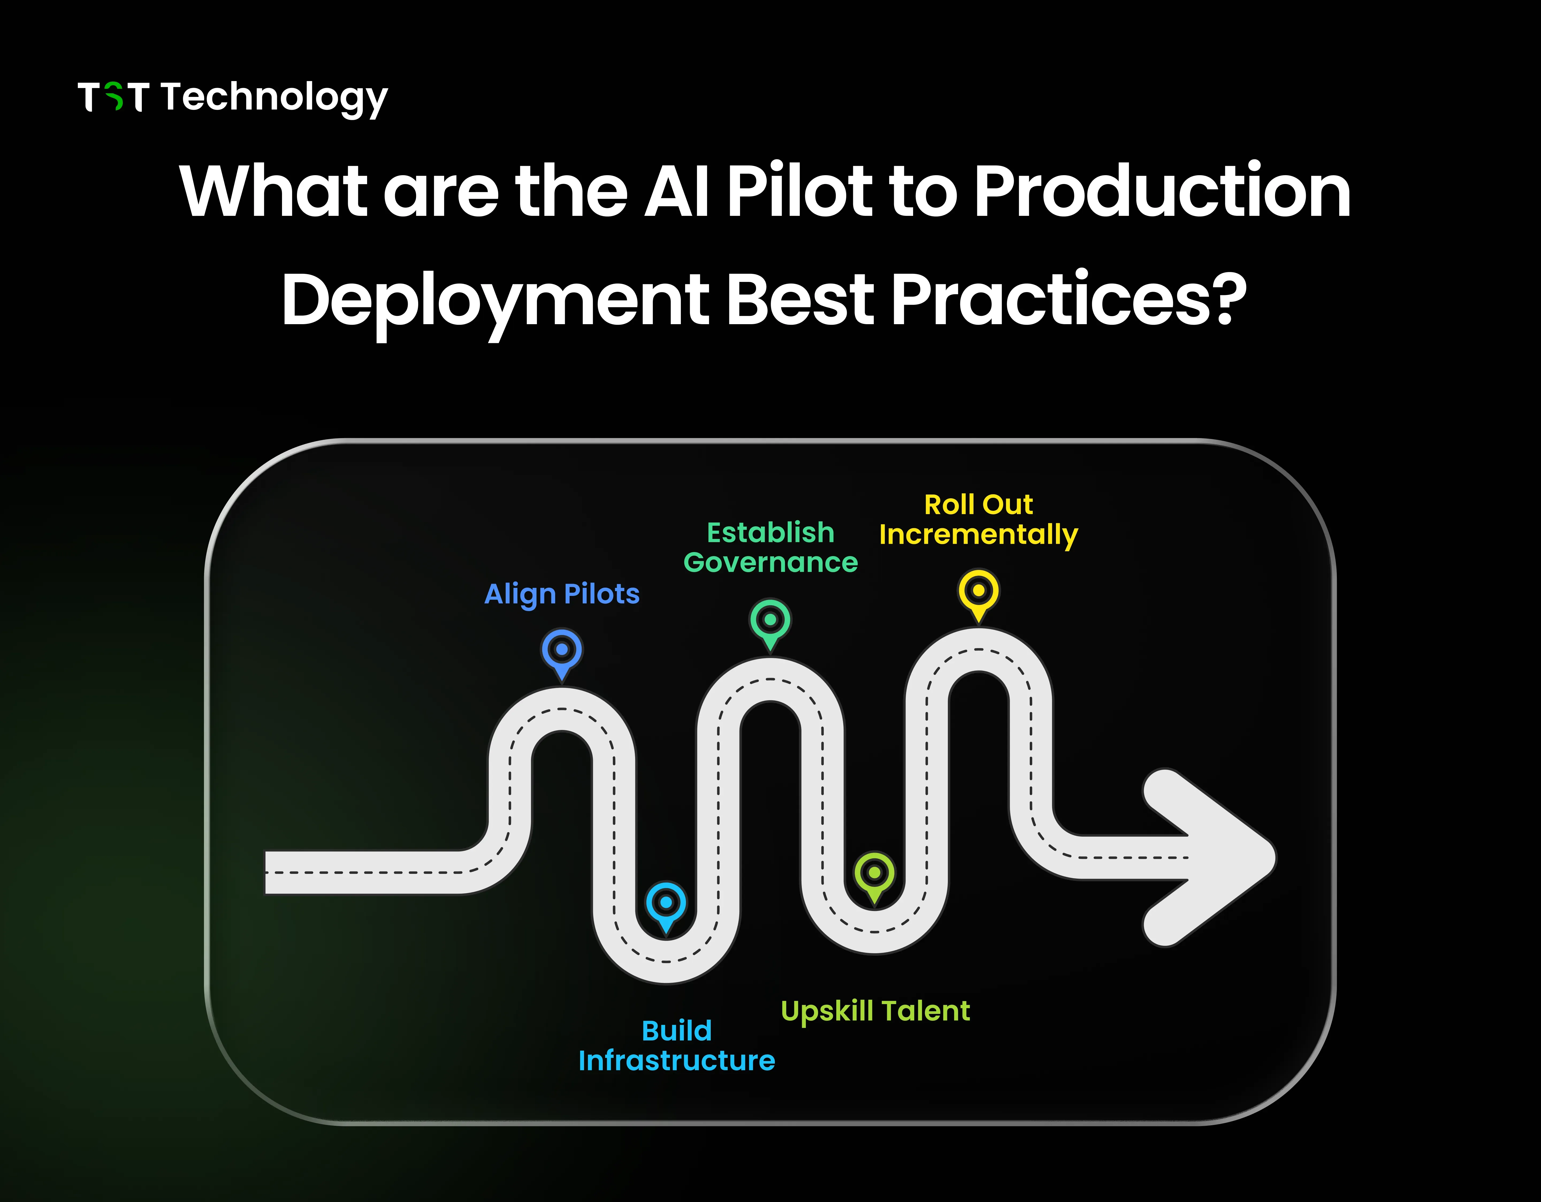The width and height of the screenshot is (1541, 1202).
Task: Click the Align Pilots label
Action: (x=562, y=594)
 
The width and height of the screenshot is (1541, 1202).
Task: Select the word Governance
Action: (x=771, y=562)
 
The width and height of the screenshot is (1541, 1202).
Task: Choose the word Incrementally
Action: (x=979, y=535)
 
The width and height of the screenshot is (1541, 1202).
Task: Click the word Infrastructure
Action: (x=677, y=1060)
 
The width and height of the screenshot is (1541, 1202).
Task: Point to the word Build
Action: (x=677, y=1031)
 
